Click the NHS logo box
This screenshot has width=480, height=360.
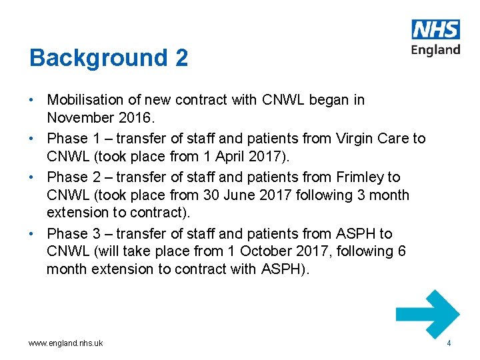coord(436,29)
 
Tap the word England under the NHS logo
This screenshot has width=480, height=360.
coord(436,50)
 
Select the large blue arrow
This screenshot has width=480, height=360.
coord(428,314)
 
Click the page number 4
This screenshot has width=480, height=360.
coord(449,343)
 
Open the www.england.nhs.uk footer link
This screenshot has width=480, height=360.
coord(65,343)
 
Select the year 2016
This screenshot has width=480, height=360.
coord(137,117)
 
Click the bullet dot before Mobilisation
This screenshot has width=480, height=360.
coord(32,100)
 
